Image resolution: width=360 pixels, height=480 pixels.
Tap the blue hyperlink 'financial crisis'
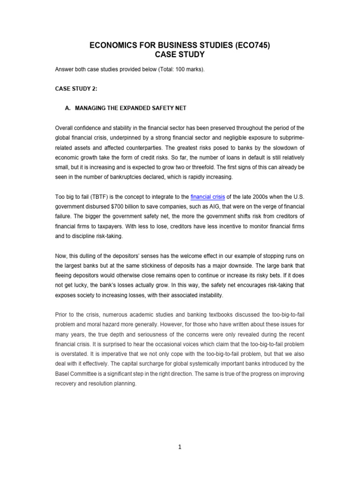click(x=208, y=197)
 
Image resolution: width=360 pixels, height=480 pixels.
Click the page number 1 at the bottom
click(x=180, y=447)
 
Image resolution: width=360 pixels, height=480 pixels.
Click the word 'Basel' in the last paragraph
click(x=63, y=374)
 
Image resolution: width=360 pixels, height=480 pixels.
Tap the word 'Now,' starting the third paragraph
click(x=61, y=256)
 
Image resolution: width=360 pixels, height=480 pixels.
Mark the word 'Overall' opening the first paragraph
click(x=65, y=127)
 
